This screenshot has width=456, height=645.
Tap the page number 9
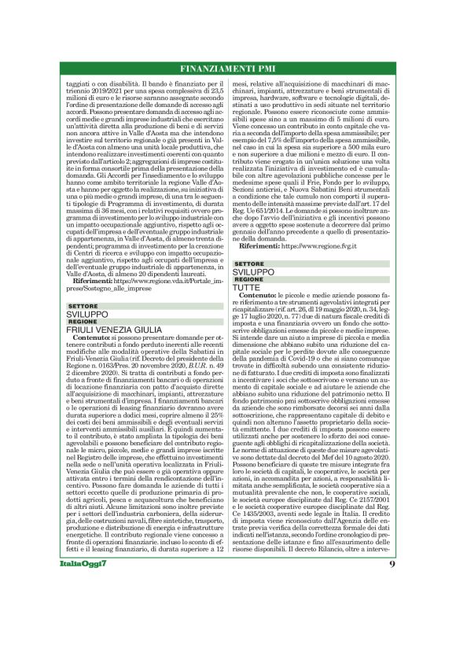392,608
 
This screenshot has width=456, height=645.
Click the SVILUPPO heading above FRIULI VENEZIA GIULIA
82,315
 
